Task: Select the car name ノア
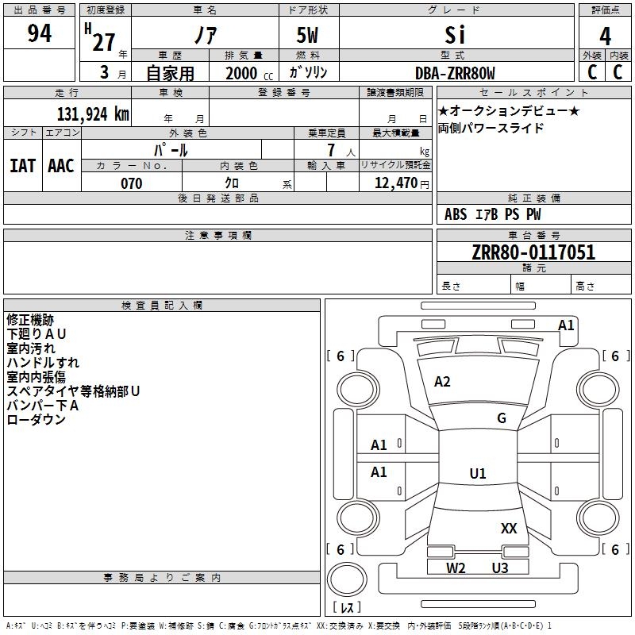pos(204,36)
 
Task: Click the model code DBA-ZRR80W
pos(455,73)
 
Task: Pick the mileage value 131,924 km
pos(93,114)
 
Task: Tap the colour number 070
pos(131,183)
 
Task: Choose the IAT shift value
pos(22,165)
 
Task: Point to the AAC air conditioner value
pos(61,165)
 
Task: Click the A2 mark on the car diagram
pos(442,382)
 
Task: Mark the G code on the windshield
pos(502,418)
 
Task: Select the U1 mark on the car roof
pos(478,474)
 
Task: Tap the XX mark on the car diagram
pos(509,528)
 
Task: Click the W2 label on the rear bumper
pos(456,568)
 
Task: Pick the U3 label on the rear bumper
pos(499,568)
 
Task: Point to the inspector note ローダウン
pos(36,420)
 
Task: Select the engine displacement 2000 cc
pos(248,73)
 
